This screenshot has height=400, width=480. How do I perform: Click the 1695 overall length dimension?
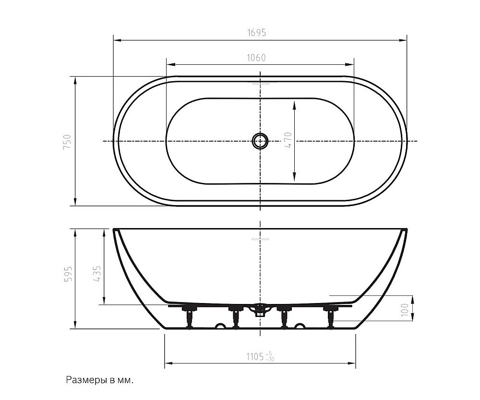click(x=256, y=33)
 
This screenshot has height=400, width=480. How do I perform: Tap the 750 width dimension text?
click(x=67, y=143)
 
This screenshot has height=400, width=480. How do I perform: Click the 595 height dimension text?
click(x=67, y=273)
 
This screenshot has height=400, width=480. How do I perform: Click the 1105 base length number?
click(x=255, y=356)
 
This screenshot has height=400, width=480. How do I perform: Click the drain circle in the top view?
click(x=260, y=141)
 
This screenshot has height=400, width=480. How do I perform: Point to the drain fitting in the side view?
click(x=260, y=310)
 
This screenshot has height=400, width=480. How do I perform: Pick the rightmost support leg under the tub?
click(x=331, y=317)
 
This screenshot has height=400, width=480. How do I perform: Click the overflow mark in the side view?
click(x=260, y=239)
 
